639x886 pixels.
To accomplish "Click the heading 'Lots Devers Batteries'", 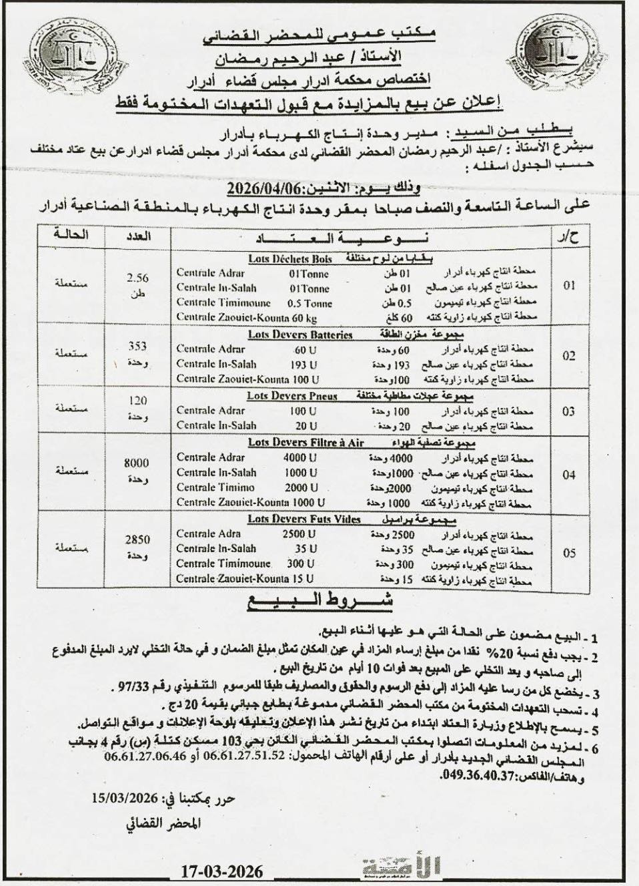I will coord(299,335).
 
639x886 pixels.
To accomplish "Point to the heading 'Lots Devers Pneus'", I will coord(291,396).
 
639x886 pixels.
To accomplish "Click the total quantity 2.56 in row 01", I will coord(137,278).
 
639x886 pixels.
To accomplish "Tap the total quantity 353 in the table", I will coord(137,347).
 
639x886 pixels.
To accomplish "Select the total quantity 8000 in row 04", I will coord(137,463).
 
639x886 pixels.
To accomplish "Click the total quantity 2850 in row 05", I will coord(137,539).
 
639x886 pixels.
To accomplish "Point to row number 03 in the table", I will coord(568,411).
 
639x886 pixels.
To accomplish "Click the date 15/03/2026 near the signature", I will coord(125,797).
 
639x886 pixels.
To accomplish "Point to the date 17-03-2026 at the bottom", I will coord(221,871).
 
